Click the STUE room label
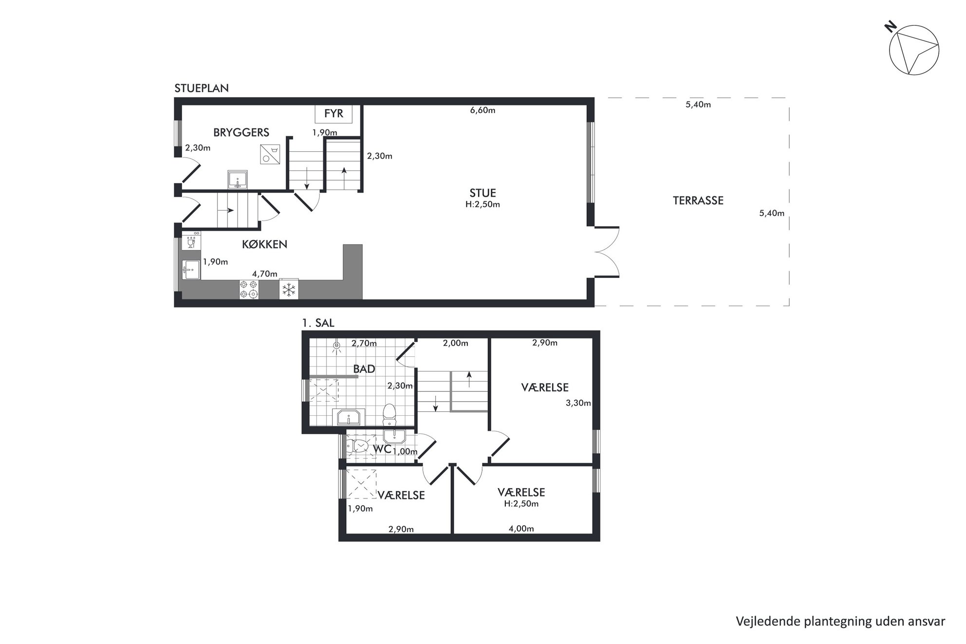pyautogui.click(x=483, y=193)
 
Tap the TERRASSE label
pyautogui.click(x=698, y=201)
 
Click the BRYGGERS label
pyautogui.click(x=241, y=132)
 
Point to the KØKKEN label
pyautogui.click(x=264, y=244)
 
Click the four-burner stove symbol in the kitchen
pyautogui.click(x=248, y=289)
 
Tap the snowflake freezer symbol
pyautogui.click(x=289, y=289)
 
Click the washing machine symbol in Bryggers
pyautogui.click(x=270, y=154)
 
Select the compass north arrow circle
pyautogui.click(x=914, y=51)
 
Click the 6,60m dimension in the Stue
pyautogui.click(x=483, y=110)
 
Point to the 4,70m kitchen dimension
pyautogui.click(x=264, y=274)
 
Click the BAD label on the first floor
pyautogui.click(x=364, y=369)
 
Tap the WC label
pyautogui.click(x=382, y=449)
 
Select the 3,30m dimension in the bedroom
pyautogui.click(x=578, y=403)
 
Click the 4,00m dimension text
pyautogui.click(x=521, y=529)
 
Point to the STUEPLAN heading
pyautogui.click(x=202, y=88)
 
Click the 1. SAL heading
pyautogui.click(x=318, y=323)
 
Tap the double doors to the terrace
pyautogui.click(x=607, y=252)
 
